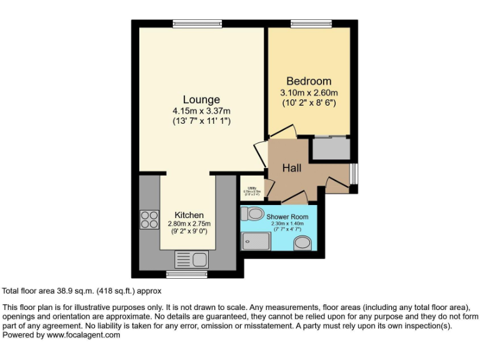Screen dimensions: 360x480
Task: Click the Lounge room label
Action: [201, 99]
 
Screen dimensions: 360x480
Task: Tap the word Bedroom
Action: [309, 81]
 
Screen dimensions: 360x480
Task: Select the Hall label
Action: [292, 168]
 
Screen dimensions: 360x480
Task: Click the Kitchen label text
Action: [189, 215]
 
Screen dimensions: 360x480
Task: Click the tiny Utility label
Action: [252, 187]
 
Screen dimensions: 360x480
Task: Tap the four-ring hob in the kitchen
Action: [149, 219]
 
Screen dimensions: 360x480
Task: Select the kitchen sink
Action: [191, 259]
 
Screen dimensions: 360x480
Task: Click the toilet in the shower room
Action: [254, 214]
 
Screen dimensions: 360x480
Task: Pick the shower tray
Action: [254, 240]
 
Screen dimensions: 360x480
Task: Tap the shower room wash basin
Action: [301, 242]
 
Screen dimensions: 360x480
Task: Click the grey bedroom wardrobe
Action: [331, 149]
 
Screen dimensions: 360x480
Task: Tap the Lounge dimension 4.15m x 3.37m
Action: [201, 111]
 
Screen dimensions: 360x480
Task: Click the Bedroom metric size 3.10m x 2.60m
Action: [309, 93]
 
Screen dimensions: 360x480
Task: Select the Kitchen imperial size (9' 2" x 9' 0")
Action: [189, 231]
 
